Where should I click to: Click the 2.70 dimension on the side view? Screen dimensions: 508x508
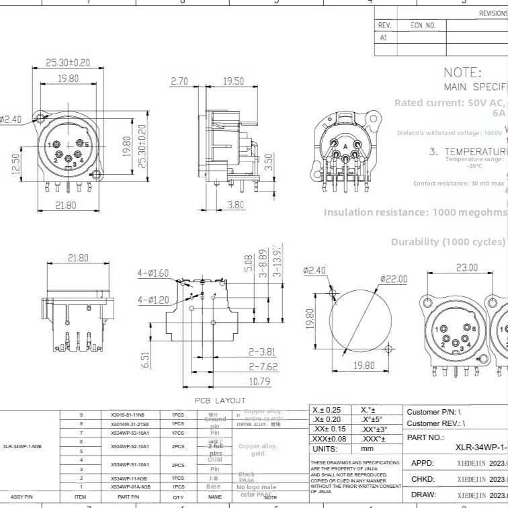click(179, 81)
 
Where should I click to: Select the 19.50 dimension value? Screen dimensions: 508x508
click(233, 81)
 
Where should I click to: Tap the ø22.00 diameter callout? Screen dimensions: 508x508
click(395, 279)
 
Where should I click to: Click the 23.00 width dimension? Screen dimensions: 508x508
click(467, 268)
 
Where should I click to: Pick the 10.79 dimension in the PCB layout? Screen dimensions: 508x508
click(259, 382)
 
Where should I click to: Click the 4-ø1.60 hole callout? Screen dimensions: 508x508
click(154, 273)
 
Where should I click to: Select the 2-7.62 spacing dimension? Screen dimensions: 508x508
click(263, 367)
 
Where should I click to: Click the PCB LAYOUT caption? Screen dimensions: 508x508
click(220, 400)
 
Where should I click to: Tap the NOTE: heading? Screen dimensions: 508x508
click(462, 73)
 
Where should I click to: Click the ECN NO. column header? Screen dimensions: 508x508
click(423, 26)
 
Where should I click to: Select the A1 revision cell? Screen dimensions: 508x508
click(384, 38)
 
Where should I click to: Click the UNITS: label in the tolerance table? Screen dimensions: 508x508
click(325, 448)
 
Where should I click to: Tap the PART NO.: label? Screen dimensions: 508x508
click(425, 437)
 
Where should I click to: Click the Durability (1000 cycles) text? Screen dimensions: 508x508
click(448, 242)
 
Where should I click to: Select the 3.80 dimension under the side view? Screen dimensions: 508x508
click(235, 205)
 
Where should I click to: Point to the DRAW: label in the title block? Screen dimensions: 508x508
click(423, 495)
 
